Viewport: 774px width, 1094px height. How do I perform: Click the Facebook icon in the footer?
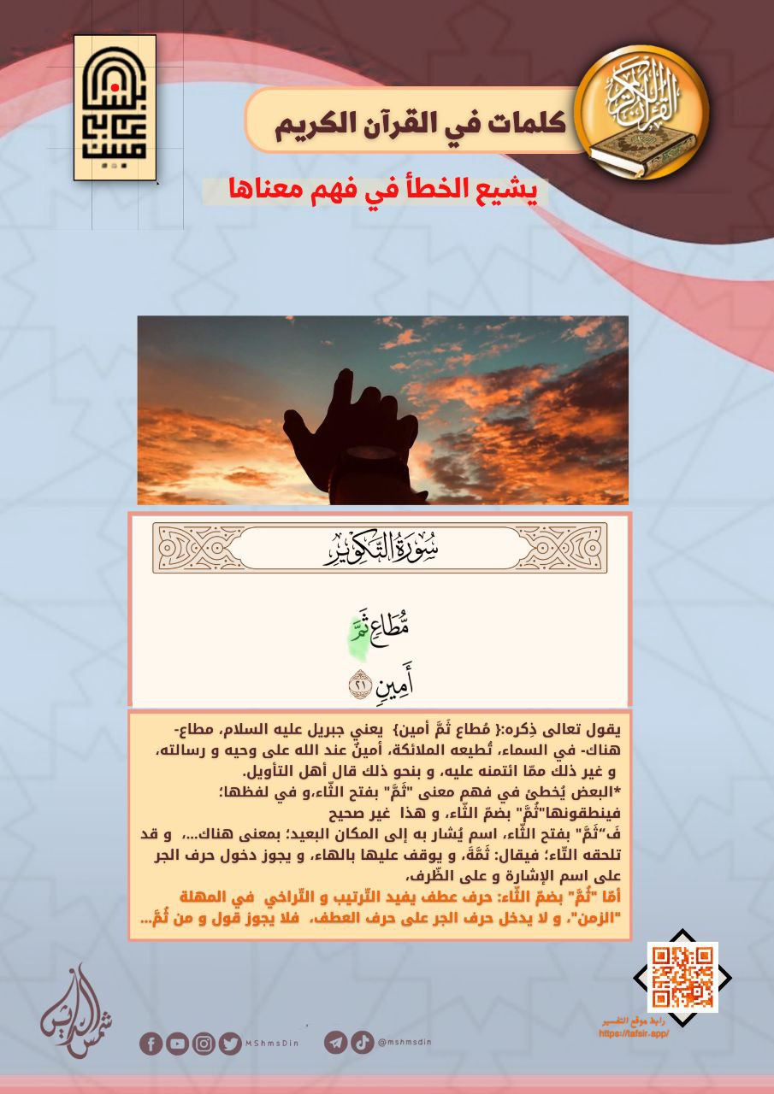[x=151, y=1044]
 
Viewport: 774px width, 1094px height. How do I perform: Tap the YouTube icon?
[x=177, y=1044]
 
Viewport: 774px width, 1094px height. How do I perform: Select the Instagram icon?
[x=204, y=1044]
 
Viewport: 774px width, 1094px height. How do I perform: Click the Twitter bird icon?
[x=229, y=1044]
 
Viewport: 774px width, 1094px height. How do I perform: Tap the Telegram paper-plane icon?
[x=335, y=1043]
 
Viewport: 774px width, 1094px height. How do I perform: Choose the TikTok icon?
[x=362, y=1043]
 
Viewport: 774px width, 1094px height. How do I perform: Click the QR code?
[x=682, y=977]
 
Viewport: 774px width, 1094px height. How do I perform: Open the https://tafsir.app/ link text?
[x=634, y=1032]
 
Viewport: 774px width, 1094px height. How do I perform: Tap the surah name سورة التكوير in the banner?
[x=380, y=547]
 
